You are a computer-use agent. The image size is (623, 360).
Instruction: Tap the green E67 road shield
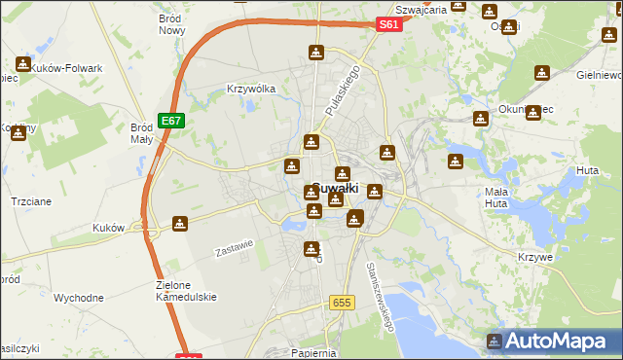(x=172, y=121)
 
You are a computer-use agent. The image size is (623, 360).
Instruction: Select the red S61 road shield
(x=389, y=25)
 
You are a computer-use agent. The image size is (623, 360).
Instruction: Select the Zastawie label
(x=234, y=249)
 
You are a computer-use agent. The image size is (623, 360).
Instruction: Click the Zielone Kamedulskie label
(x=185, y=291)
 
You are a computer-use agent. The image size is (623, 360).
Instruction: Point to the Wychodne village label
(x=79, y=298)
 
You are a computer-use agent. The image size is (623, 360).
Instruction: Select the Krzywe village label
(x=535, y=257)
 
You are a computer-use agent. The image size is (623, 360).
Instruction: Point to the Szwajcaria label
(x=421, y=10)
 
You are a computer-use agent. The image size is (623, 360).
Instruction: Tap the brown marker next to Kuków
(x=180, y=225)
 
